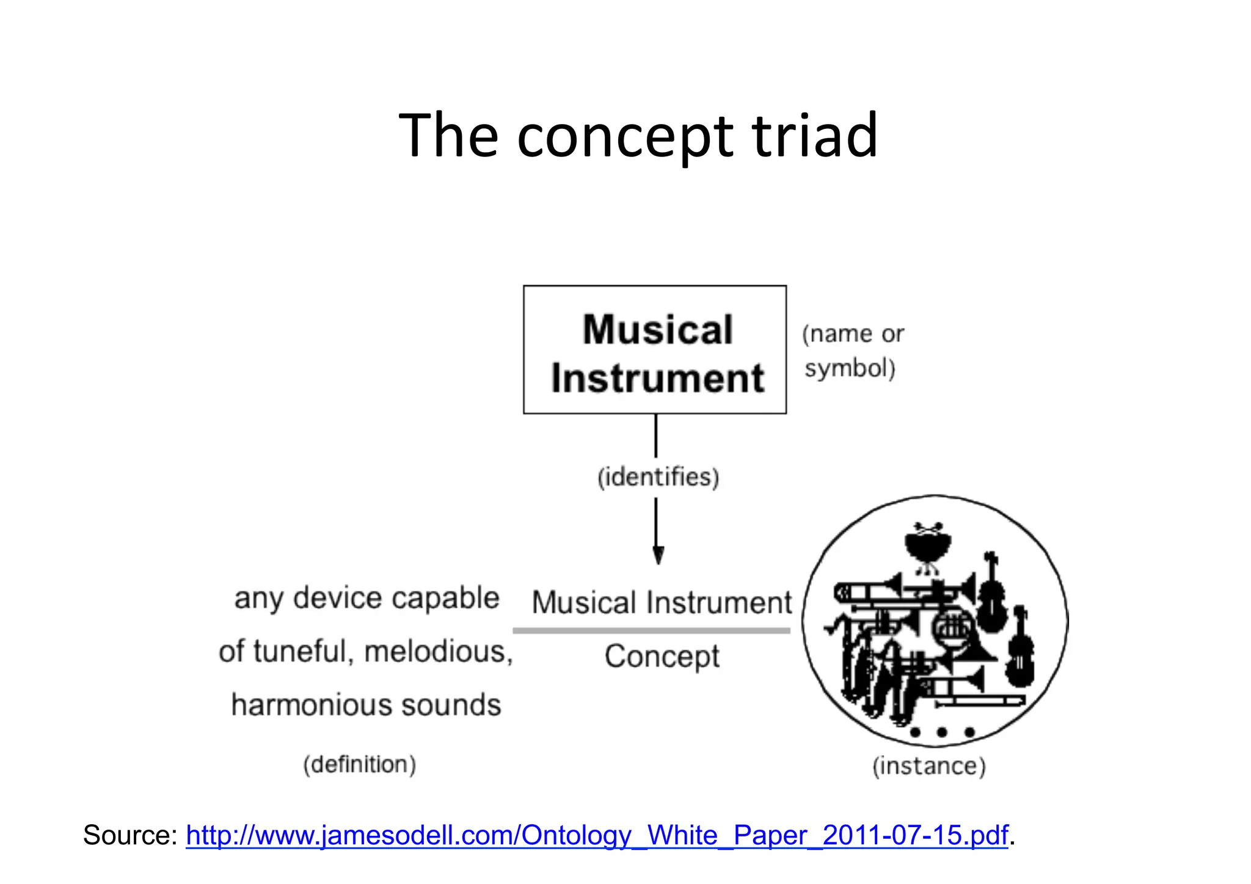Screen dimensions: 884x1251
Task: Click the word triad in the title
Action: (x=814, y=136)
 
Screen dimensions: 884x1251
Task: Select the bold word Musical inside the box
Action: (x=657, y=330)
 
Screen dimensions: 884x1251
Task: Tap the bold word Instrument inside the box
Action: (x=657, y=378)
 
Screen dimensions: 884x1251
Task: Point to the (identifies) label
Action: (x=658, y=477)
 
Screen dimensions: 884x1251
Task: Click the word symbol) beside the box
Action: (x=850, y=368)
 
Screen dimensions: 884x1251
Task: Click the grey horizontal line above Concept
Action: (x=651, y=630)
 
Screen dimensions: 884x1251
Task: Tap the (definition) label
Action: (x=360, y=764)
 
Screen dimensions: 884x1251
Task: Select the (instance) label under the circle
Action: (x=929, y=765)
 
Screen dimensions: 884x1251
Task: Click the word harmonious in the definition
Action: (x=310, y=705)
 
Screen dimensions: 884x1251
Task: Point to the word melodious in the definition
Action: (x=439, y=652)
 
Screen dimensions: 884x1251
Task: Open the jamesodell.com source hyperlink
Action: (x=597, y=835)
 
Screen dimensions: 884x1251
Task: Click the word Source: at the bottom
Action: (x=130, y=835)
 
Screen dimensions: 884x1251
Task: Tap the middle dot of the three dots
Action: (x=941, y=732)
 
